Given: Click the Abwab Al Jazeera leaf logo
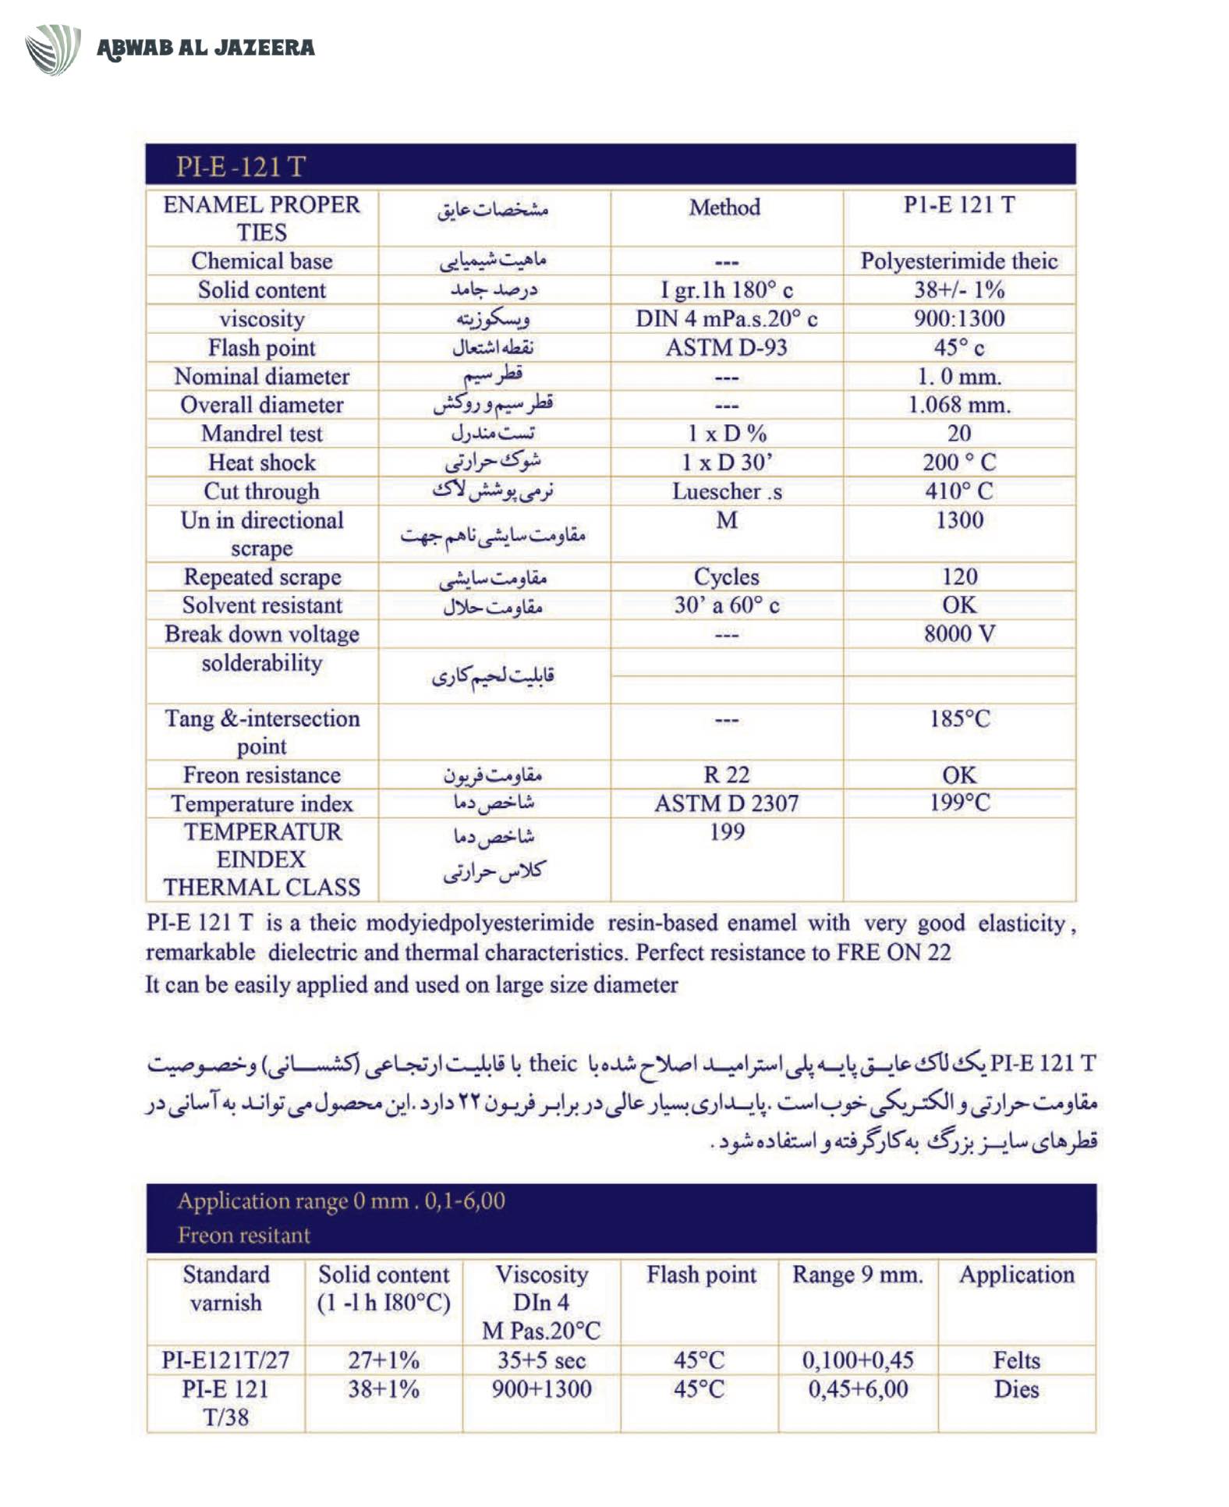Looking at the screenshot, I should (52, 48).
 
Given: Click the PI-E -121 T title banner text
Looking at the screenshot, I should (240, 166).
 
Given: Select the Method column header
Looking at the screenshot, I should (724, 207).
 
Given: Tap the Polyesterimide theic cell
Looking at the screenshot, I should (958, 261).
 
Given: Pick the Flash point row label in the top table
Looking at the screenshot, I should (261, 347).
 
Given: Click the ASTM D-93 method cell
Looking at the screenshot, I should (726, 347).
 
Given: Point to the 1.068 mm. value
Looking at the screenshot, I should (958, 405).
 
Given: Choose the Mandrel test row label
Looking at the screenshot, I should (261, 434).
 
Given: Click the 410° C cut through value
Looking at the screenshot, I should (958, 491).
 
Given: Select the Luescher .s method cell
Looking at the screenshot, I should (726, 491).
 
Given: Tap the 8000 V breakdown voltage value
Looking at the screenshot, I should (958, 633).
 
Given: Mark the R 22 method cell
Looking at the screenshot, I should (726, 775).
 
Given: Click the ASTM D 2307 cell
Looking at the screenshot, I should (726, 803).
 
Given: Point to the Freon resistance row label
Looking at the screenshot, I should (261, 775).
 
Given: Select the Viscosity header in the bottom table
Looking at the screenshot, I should (541, 1275).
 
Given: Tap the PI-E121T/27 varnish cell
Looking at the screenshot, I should (225, 1360).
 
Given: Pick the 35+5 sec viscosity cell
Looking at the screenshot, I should (541, 1360).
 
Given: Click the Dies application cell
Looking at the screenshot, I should (1016, 1389).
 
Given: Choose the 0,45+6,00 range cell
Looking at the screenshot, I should (858, 1389).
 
